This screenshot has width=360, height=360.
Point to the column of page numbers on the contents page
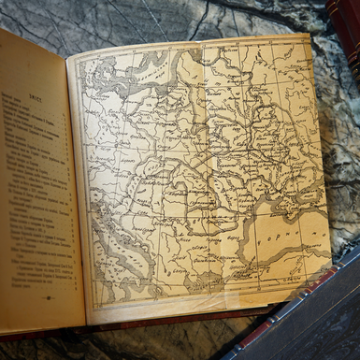point(68,187)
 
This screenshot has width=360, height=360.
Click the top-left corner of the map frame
point(77,59)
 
